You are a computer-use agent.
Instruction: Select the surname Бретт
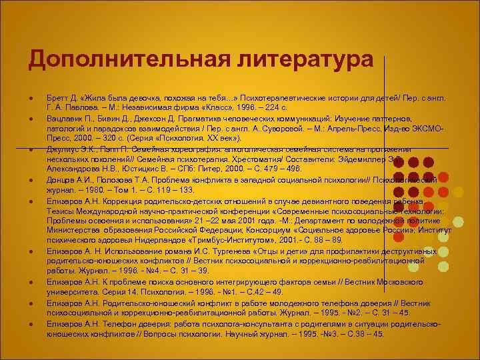pos(57,97)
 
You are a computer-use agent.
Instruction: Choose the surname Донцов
pos(61,179)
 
